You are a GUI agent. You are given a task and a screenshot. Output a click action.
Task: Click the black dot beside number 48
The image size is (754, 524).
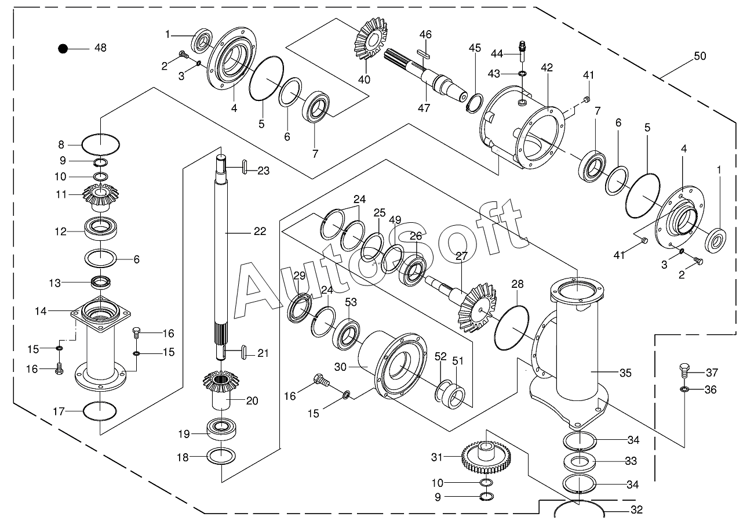(63, 49)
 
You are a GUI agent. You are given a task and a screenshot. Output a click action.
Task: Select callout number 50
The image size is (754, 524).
(700, 56)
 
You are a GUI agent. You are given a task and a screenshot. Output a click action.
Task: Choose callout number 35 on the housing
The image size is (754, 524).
(625, 373)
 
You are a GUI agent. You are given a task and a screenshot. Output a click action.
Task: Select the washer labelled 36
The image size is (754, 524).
(684, 389)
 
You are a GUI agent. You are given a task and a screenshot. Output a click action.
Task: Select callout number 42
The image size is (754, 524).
(547, 68)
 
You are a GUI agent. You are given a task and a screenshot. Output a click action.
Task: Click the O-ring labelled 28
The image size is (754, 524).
(512, 328)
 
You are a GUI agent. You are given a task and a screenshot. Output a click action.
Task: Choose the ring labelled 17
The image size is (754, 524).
(100, 411)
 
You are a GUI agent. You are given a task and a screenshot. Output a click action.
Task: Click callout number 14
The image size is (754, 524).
(40, 311)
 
